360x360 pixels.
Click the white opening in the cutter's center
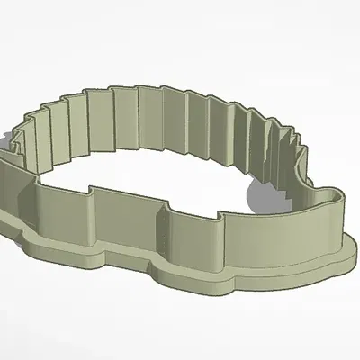(x=162, y=175)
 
